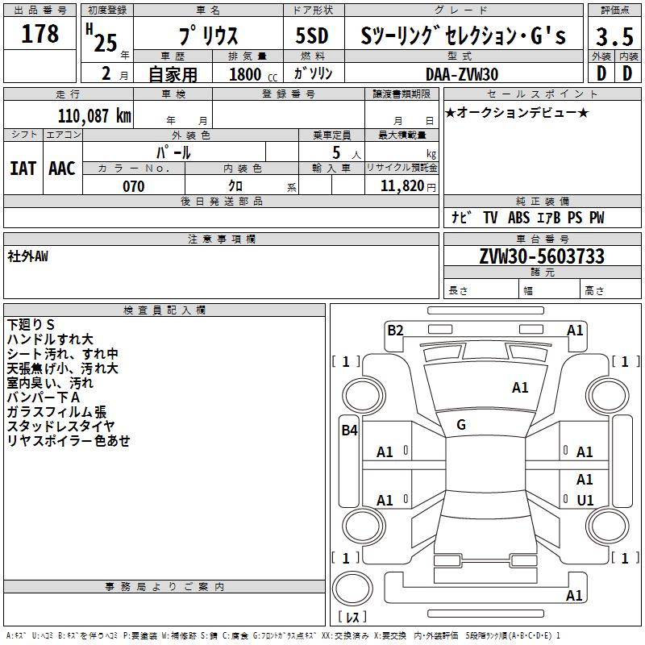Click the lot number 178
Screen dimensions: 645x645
pyautogui.click(x=40, y=34)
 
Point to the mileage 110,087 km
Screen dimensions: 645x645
pyautogui.click(x=94, y=115)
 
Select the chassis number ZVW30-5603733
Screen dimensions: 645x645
pyautogui.click(x=541, y=256)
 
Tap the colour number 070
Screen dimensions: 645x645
pyautogui.click(x=133, y=186)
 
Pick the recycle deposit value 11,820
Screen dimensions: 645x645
pyautogui.click(x=402, y=186)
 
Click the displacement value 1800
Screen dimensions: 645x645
pyautogui.click(x=245, y=74)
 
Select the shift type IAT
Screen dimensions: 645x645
pyautogui.click(x=23, y=168)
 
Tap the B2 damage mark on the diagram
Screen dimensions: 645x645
pyautogui.click(x=395, y=329)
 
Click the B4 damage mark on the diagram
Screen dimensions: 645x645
pyautogui.click(x=349, y=431)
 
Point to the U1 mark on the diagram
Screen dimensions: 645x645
pyautogui.click(x=585, y=500)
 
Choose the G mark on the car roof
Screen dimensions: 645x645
pyautogui.click(x=460, y=425)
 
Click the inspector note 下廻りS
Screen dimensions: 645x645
pyautogui.click(x=31, y=324)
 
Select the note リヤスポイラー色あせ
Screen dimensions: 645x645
pyautogui.click(x=69, y=440)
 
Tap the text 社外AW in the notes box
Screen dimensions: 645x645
pyautogui.click(x=29, y=256)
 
